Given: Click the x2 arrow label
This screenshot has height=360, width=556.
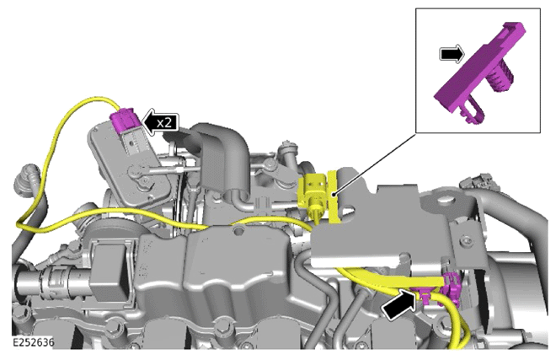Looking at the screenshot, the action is tap(160, 122).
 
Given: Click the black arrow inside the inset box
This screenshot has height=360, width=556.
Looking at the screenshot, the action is tap(452, 54).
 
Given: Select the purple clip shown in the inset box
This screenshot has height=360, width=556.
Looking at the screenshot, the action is tap(480, 73).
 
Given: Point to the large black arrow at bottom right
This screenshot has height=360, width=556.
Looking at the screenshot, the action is tap(399, 304).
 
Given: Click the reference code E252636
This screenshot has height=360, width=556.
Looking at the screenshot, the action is tap(34, 342).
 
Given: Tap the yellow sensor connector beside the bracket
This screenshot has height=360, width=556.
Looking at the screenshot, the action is tap(312, 196).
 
